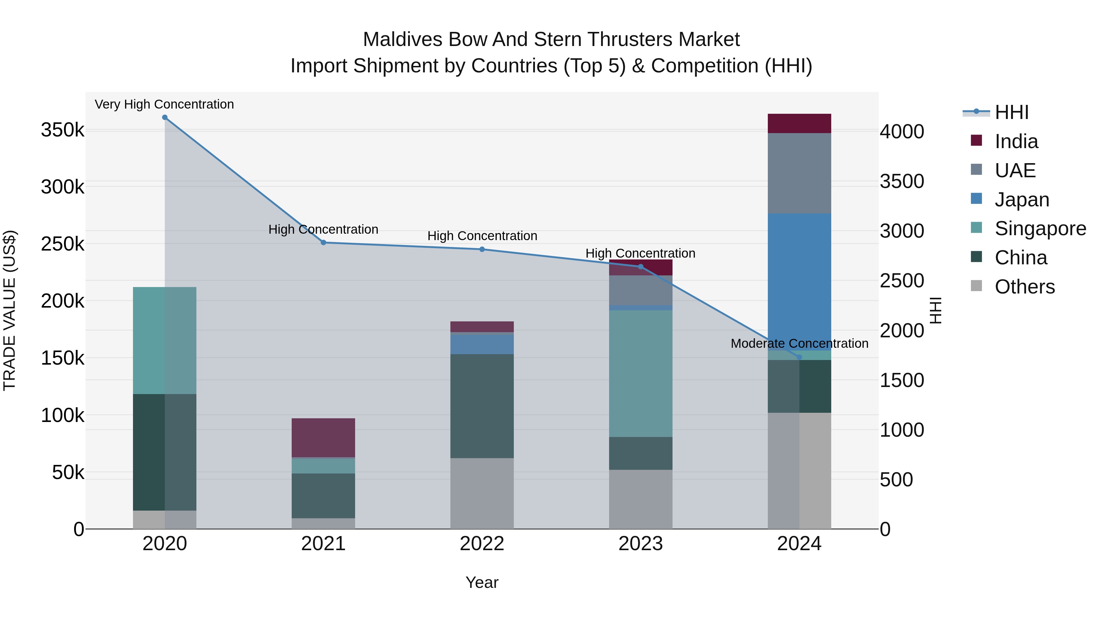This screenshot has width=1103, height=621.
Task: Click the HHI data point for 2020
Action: click(x=165, y=117)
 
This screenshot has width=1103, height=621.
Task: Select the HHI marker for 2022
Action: click(x=482, y=249)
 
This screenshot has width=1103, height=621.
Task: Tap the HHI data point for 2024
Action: click(x=799, y=357)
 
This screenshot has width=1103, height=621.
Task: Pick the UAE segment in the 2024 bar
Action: click(x=799, y=173)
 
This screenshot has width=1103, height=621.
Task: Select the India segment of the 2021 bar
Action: click(x=323, y=438)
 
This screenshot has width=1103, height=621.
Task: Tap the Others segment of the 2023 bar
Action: click(x=641, y=499)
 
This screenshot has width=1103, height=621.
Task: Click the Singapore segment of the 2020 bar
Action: click(x=165, y=340)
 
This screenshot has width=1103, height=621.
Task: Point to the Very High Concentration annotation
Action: click(x=165, y=105)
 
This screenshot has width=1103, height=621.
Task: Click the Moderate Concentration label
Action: click(x=799, y=344)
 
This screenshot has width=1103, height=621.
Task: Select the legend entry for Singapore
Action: click(x=1040, y=228)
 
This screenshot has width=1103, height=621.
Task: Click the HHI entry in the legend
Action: click(x=1011, y=112)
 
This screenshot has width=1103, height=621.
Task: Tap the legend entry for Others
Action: click(x=1025, y=287)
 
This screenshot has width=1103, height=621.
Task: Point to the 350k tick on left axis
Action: click(x=63, y=130)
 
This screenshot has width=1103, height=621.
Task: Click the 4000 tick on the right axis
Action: click(x=902, y=132)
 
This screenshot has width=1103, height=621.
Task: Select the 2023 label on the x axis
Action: click(x=641, y=544)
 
